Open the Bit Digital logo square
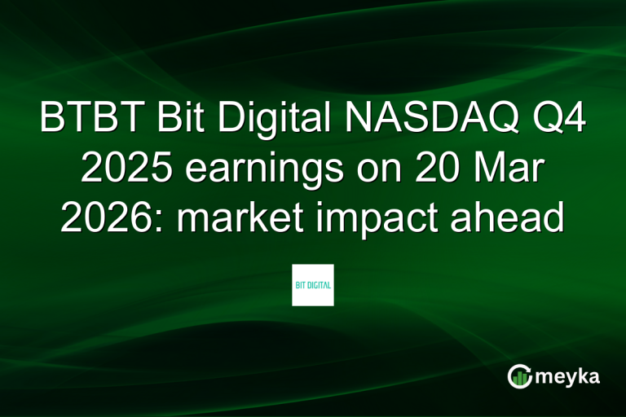point(313,285)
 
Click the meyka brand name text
point(570,378)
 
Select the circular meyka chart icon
point(519,376)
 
